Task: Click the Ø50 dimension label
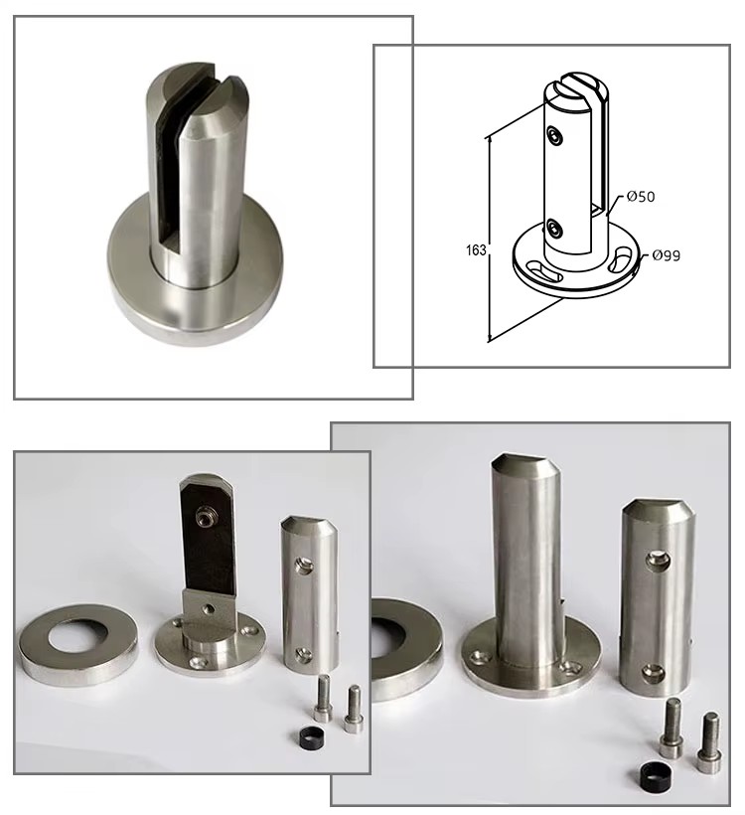pos(640,197)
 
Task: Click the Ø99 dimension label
pos(667,255)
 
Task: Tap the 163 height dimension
pos(476,250)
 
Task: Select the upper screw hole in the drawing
pos(555,135)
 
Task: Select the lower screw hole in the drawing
pos(554,228)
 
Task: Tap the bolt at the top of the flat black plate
pos(202,515)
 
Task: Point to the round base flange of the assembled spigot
pos(195,307)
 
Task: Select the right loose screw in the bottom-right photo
pos(709,735)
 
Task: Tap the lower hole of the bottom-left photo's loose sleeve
pos(302,654)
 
